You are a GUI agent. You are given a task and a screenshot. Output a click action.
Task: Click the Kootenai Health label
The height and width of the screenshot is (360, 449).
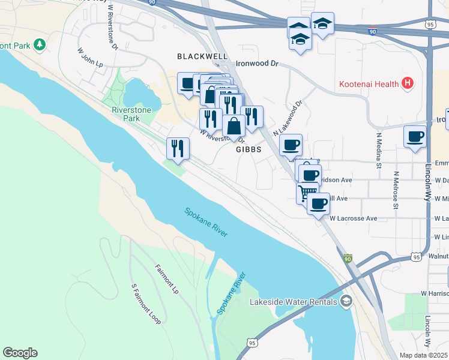pyautogui.click(x=369, y=83)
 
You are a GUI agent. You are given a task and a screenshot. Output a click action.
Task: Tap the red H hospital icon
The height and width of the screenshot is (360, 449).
pyautogui.click(x=408, y=83)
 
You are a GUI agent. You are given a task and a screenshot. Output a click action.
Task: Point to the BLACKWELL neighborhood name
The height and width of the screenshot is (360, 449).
pyautogui.click(x=202, y=56)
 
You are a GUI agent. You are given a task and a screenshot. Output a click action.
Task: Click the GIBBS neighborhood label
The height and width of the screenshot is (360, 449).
pyautogui.click(x=249, y=149)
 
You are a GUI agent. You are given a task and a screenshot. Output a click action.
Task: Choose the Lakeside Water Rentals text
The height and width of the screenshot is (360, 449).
pyautogui.click(x=294, y=301)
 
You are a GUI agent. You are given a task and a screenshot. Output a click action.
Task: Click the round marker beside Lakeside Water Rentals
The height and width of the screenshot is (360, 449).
pyautogui.click(x=346, y=301)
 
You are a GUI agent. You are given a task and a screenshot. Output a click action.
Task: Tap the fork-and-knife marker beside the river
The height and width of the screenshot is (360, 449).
pyautogui.click(x=178, y=148)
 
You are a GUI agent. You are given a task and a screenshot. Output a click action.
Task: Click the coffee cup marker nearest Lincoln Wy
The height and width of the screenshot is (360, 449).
pyautogui.click(x=415, y=136)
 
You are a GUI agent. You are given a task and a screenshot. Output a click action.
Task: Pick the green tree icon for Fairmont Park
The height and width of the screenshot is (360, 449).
pyautogui.click(x=40, y=44)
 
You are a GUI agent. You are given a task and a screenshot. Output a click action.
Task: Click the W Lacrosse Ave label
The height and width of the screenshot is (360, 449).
pyautogui.click(x=353, y=218)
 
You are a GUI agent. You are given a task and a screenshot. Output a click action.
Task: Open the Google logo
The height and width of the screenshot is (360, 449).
pyautogui.click(x=20, y=353)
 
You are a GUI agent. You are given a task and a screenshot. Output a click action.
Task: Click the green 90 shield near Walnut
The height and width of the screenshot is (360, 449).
pyautogui.click(x=348, y=259)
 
